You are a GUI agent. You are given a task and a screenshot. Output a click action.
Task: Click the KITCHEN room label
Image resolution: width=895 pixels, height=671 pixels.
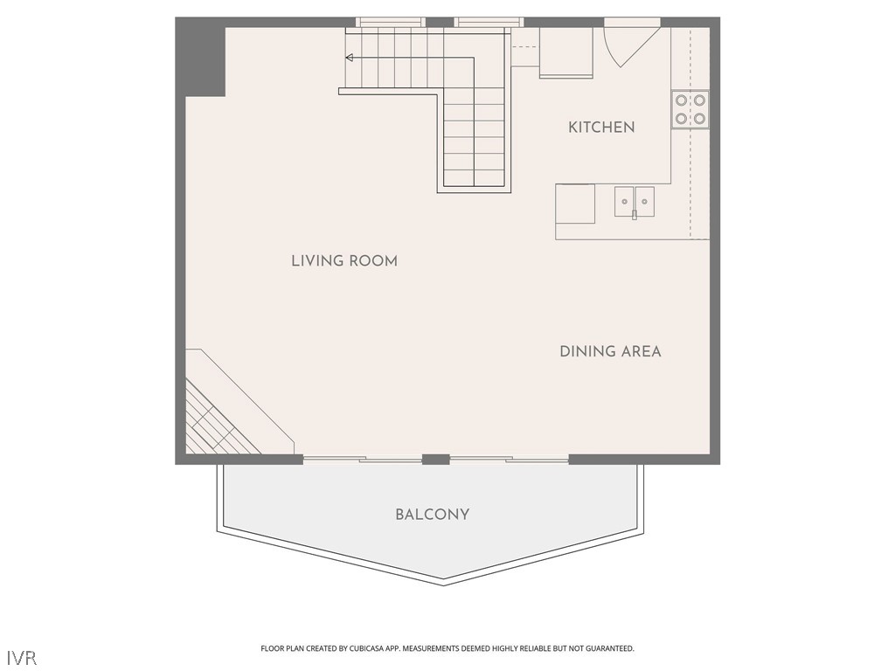601,128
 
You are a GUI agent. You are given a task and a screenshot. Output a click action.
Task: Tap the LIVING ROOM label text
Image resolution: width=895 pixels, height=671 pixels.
344,261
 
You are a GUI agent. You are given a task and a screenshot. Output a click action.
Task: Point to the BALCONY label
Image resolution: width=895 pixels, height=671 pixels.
432,515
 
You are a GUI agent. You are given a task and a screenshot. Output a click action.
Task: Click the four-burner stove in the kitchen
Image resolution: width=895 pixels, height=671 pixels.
689,109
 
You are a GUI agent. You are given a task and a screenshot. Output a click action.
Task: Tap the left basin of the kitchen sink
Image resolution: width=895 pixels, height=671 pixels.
624,201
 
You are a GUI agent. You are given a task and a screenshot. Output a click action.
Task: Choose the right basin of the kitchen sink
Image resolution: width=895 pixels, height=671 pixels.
644,201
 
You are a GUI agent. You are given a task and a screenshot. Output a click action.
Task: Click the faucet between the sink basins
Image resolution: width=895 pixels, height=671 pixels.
635,213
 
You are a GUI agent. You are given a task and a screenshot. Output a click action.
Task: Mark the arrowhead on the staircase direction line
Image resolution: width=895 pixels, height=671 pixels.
350,59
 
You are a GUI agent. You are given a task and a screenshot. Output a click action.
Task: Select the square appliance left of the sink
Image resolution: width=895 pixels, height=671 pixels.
575,204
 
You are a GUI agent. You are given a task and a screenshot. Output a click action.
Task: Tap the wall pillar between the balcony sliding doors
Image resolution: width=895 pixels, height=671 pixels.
435,459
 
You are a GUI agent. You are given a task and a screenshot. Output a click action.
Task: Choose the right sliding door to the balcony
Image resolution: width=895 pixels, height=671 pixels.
509,458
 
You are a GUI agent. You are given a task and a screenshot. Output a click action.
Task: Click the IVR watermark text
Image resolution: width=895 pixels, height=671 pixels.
22,656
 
